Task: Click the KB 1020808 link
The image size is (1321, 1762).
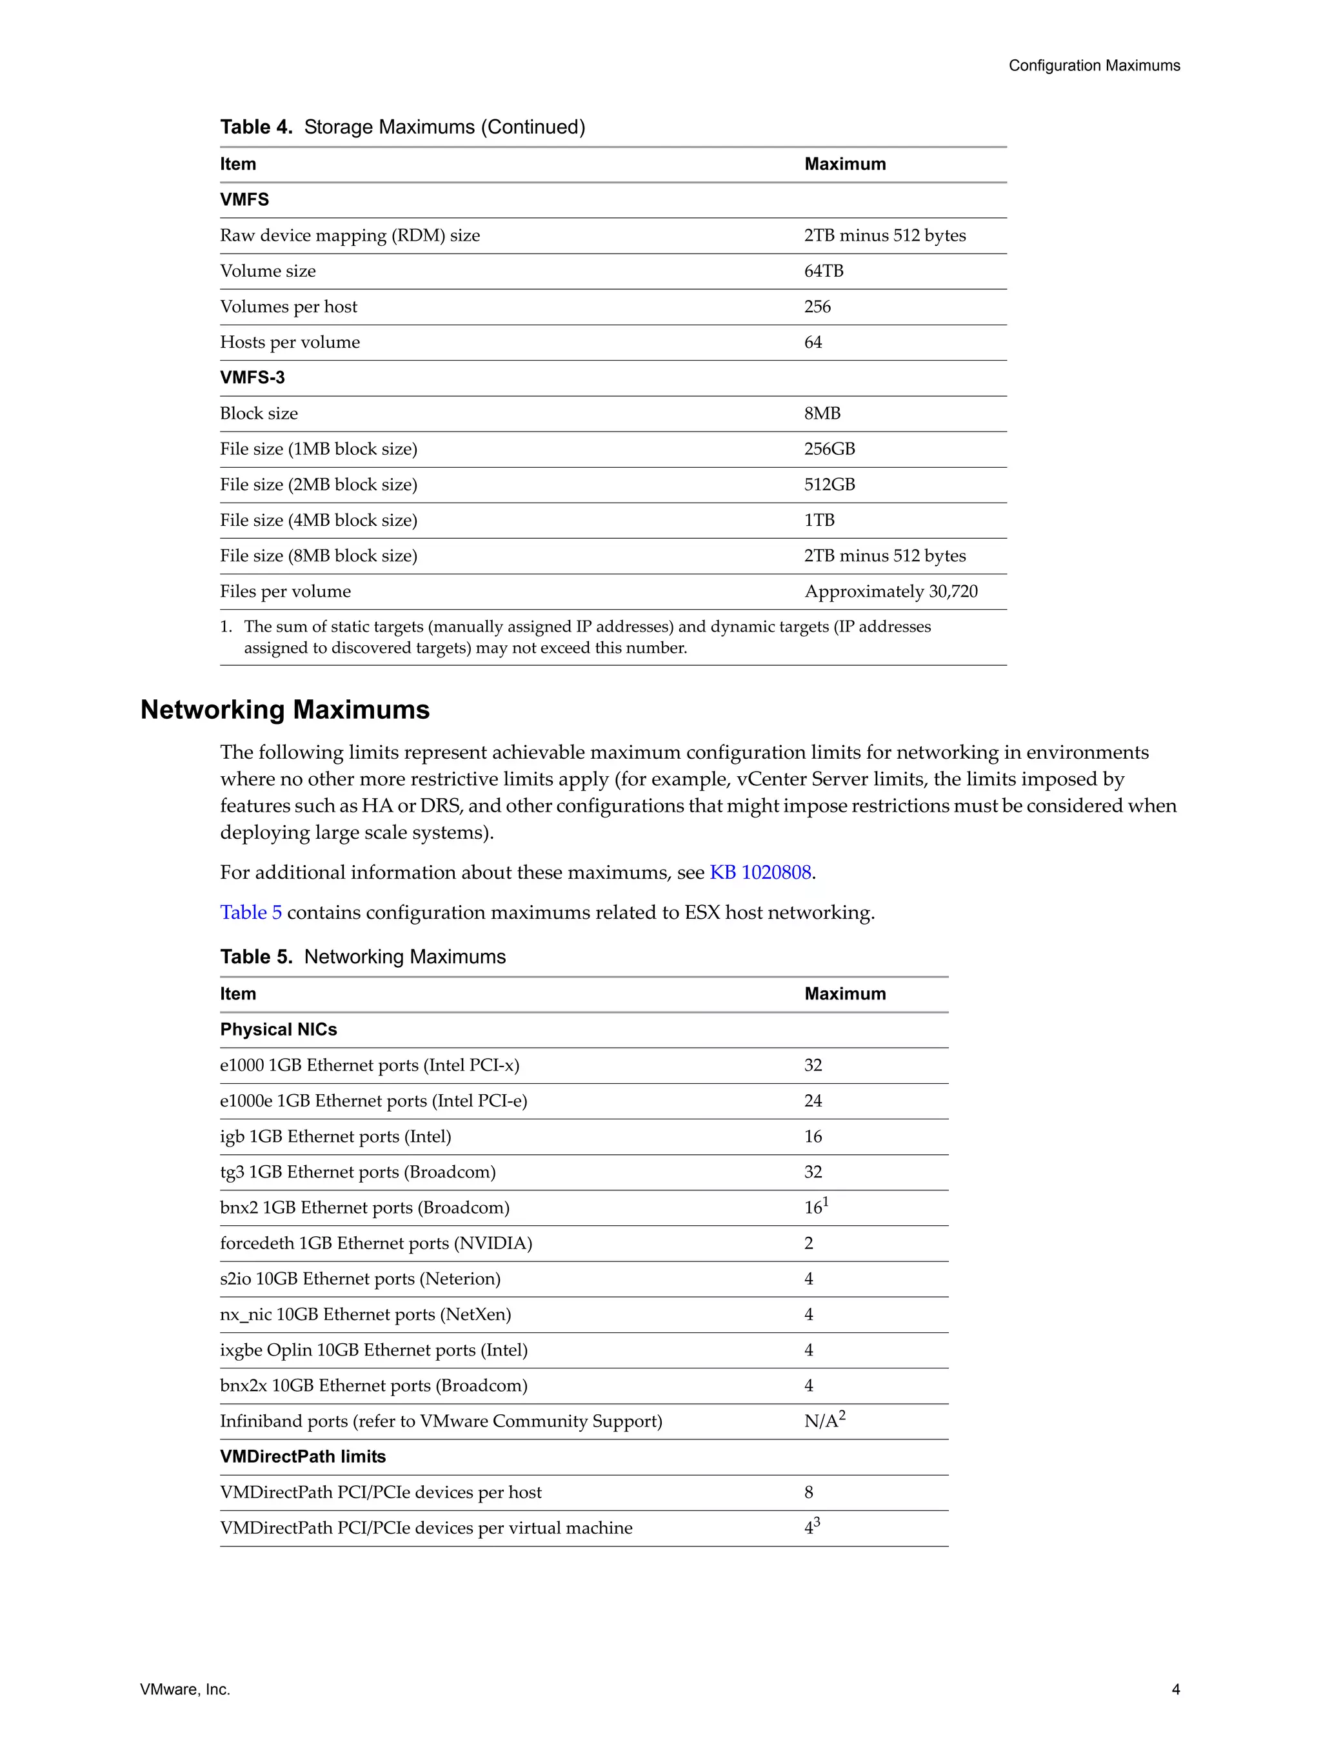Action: click(x=760, y=872)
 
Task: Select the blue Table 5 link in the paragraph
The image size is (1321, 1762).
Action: click(x=251, y=912)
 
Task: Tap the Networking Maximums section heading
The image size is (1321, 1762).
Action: click(x=285, y=710)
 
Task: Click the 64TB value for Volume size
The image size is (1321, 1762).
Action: click(x=823, y=271)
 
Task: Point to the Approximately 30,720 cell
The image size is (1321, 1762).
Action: click(x=890, y=591)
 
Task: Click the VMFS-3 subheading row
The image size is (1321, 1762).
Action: click(x=252, y=377)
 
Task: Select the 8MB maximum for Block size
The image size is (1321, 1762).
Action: click(x=822, y=414)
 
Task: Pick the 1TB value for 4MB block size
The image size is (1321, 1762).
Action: click(x=819, y=520)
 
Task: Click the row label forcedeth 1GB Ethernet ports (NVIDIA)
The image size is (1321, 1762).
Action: click(x=376, y=1243)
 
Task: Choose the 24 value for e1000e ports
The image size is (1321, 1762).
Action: click(x=813, y=1101)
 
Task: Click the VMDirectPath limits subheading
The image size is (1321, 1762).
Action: click(x=303, y=1456)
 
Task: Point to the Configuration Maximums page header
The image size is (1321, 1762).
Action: click(x=1094, y=65)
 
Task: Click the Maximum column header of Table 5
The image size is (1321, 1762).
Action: click(x=845, y=994)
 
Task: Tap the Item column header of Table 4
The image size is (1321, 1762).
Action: click(x=238, y=164)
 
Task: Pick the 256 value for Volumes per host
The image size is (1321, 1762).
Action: click(x=817, y=306)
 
